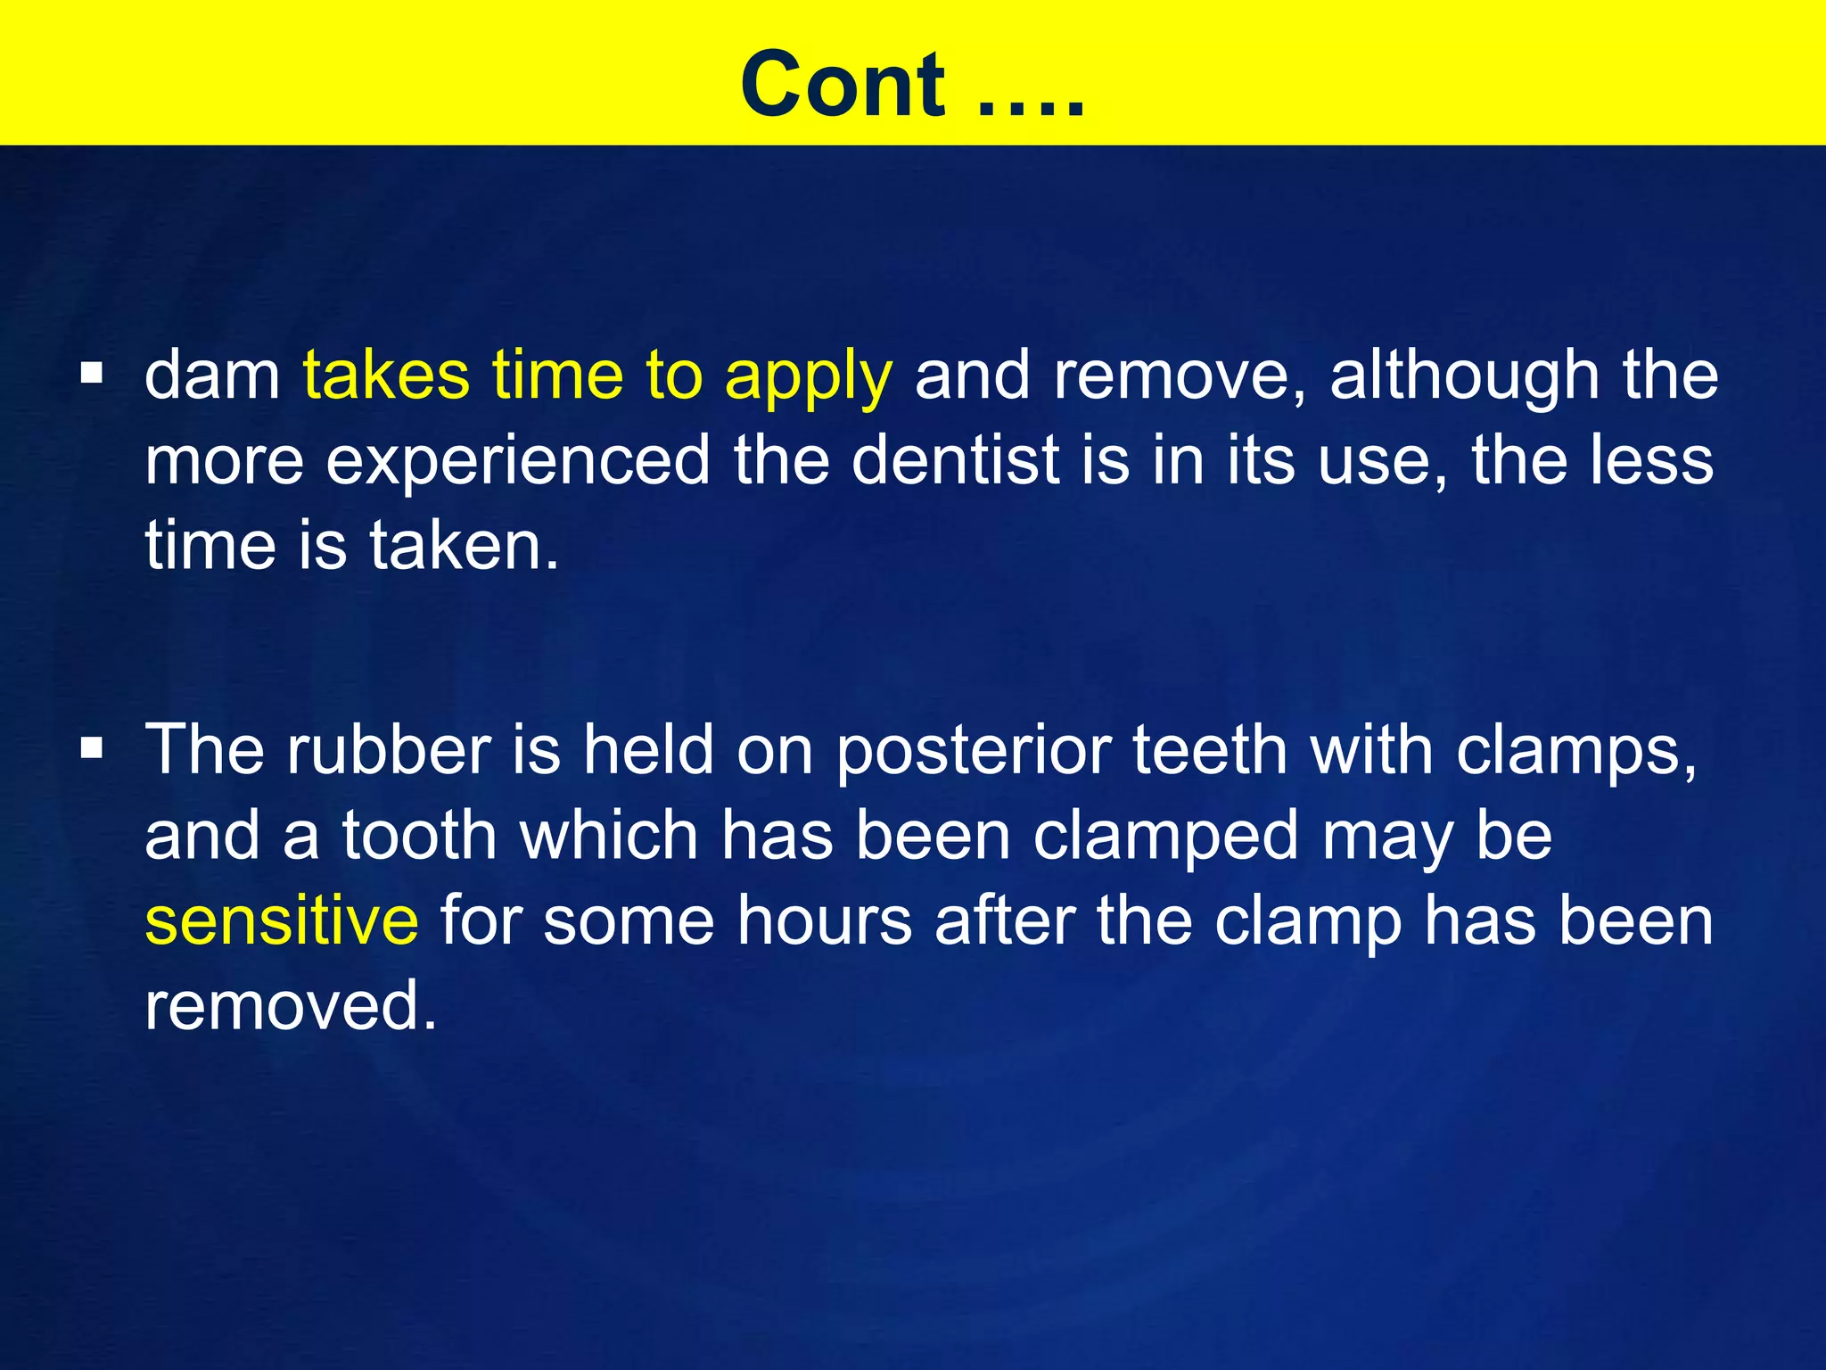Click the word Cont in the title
(843, 84)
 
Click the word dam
(212, 376)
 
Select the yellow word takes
(386, 376)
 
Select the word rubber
(389, 749)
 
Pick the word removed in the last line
(291, 1005)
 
